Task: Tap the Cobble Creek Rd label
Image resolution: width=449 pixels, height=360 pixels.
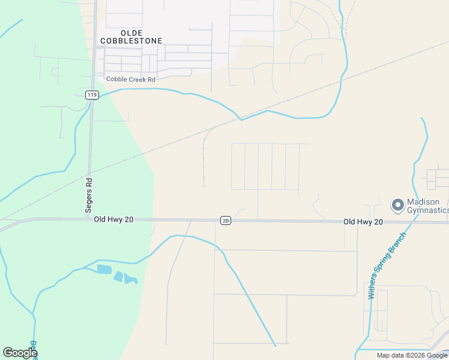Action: [130, 79]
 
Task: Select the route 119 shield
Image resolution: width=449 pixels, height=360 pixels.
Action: [91, 95]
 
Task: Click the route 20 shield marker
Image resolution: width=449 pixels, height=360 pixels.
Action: [225, 221]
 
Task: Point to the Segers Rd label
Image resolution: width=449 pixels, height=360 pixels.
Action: [89, 196]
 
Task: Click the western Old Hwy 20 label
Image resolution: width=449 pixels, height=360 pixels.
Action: [113, 220]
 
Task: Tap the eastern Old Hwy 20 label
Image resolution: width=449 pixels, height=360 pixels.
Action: [363, 222]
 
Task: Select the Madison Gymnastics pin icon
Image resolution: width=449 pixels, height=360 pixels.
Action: [397, 205]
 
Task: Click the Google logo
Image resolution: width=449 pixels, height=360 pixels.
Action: [20, 353]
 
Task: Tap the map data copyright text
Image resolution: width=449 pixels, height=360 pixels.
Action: [412, 355]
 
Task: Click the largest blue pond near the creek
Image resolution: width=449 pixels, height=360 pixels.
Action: [103, 269]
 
